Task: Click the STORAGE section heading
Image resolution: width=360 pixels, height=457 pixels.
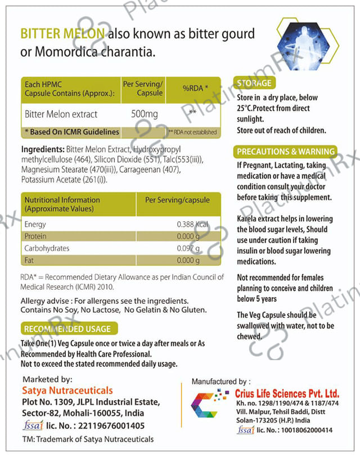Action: [x=254, y=83]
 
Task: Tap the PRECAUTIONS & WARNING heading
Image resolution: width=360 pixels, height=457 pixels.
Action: [x=286, y=151]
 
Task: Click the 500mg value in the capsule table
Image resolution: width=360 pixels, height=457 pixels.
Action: [x=144, y=114]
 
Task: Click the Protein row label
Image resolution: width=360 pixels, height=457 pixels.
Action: [x=35, y=236]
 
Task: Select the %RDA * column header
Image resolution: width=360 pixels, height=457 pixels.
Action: [x=195, y=88]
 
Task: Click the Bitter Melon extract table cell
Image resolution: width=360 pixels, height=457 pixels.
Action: [x=61, y=114]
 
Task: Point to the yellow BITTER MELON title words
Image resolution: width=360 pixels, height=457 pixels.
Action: [x=62, y=34]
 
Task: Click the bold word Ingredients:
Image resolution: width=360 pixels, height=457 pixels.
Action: [x=43, y=150]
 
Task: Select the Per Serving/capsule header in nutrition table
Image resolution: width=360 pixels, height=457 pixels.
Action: [x=177, y=200]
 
